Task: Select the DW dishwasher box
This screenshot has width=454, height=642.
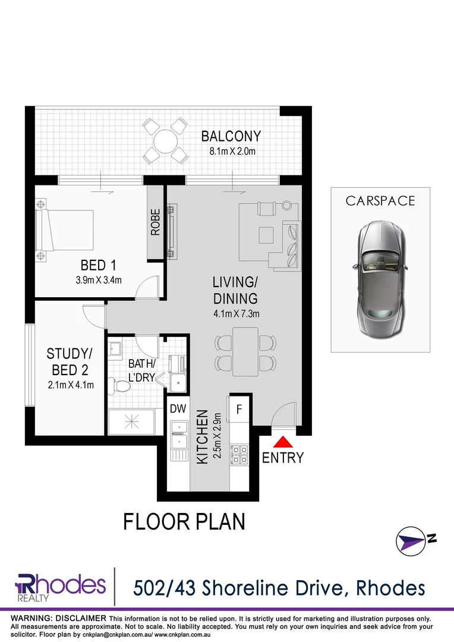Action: (177, 409)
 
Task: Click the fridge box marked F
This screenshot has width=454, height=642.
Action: (239, 409)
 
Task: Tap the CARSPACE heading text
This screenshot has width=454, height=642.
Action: (380, 201)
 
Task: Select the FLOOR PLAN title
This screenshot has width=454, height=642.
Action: (184, 521)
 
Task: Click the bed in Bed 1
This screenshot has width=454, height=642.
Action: (65, 231)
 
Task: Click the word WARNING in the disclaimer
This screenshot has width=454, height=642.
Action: (35, 618)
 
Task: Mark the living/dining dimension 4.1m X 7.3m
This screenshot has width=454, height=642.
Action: (236, 314)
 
